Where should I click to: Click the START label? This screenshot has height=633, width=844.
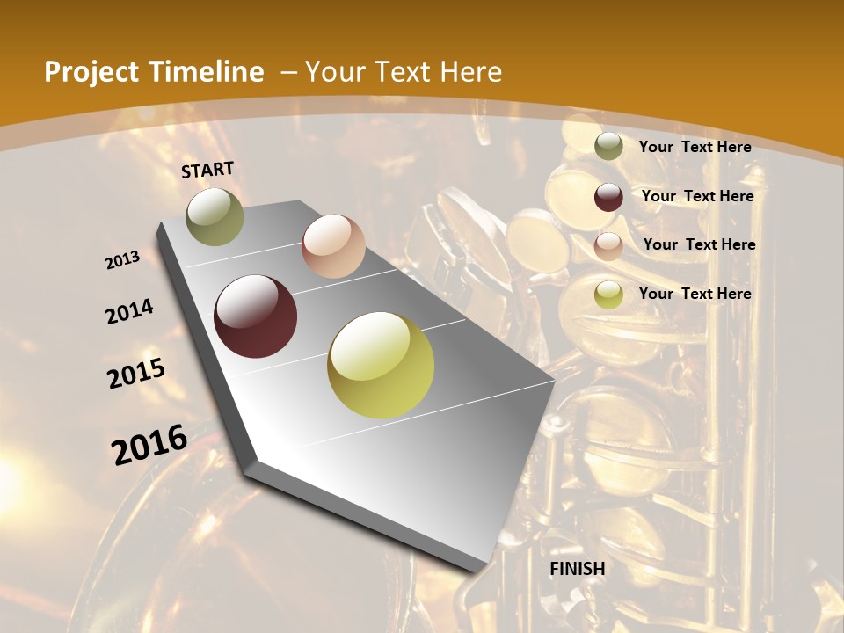click(x=207, y=170)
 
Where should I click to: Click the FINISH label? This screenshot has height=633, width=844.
click(x=578, y=569)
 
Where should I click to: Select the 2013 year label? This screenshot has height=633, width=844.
click(x=123, y=259)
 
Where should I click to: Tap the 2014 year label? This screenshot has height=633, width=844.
click(x=130, y=311)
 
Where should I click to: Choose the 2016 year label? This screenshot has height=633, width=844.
click(x=149, y=444)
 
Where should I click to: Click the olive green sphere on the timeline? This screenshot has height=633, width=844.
click(x=215, y=216)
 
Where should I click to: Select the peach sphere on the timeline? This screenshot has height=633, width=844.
click(x=333, y=246)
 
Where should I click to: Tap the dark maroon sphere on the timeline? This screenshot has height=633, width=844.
click(x=256, y=316)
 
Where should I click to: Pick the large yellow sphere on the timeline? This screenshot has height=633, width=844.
click(x=381, y=365)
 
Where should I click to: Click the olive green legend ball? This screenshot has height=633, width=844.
click(x=608, y=147)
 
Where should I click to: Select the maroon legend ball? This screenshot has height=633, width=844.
click(x=608, y=197)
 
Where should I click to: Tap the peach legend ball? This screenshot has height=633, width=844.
click(x=608, y=246)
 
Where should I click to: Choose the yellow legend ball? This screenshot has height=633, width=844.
click(x=608, y=295)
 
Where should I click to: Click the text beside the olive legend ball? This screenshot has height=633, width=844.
click(x=695, y=147)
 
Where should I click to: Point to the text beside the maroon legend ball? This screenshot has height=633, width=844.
click(x=697, y=196)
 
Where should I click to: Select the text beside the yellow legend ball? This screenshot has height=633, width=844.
click(x=695, y=294)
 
